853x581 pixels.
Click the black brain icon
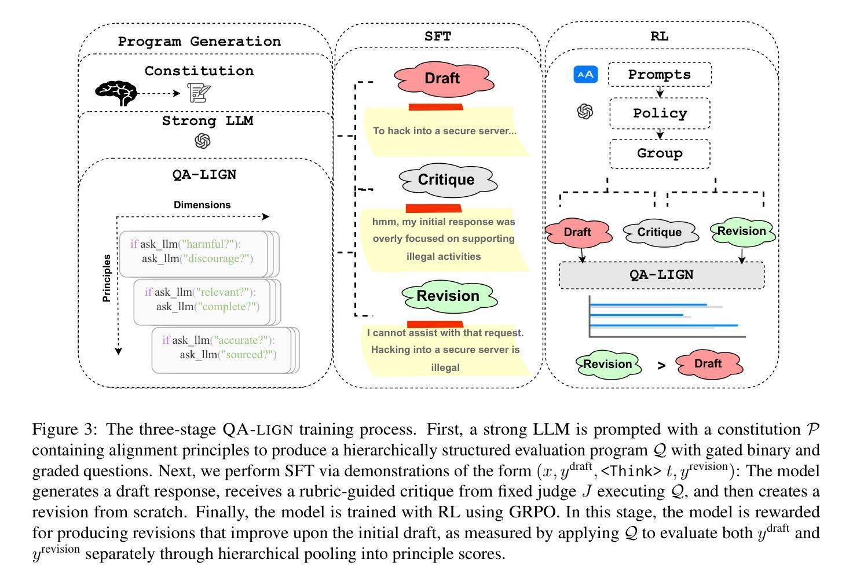pyautogui.click(x=116, y=93)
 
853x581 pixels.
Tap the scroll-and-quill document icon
pyautogui.click(x=199, y=93)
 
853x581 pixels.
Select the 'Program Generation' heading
pyautogui.click(x=199, y=42)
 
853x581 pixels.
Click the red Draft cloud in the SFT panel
pyautogui.click(x=442, y=79)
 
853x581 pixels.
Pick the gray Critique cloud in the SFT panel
pyautogui.click(x=446, y=180)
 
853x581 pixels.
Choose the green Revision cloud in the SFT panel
pyautogui.click(x=448, y=296)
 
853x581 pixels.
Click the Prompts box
pyautogui.click(x=660, y=75)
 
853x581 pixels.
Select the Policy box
pyautogui.click(x=660, y=113)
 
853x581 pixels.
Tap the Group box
pyautogui.click(x=660, y=153)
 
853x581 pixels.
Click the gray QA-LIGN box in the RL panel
pyautogui.click(x=661, y=275)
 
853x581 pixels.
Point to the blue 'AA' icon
pyautogui.click(x=585, y=75)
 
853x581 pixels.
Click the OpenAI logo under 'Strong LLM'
pyautogui.click(x=203, y=141)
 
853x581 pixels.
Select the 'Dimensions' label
pyautogui.click(x=202, y=205)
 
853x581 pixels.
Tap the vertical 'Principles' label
pyautogui.click(x=107, y=278)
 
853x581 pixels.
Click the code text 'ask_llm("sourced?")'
pyautogui.click(x=228, y=355)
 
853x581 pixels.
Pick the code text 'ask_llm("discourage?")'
pyautogui.click(x=197, y=259)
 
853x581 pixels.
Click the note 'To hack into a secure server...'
pyautogui.click(x=444, y=131)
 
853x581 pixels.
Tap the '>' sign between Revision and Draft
pyautogui.click(x=661, y=365)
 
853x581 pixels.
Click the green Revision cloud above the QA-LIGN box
pyautogui.click(x=741, y=231)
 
